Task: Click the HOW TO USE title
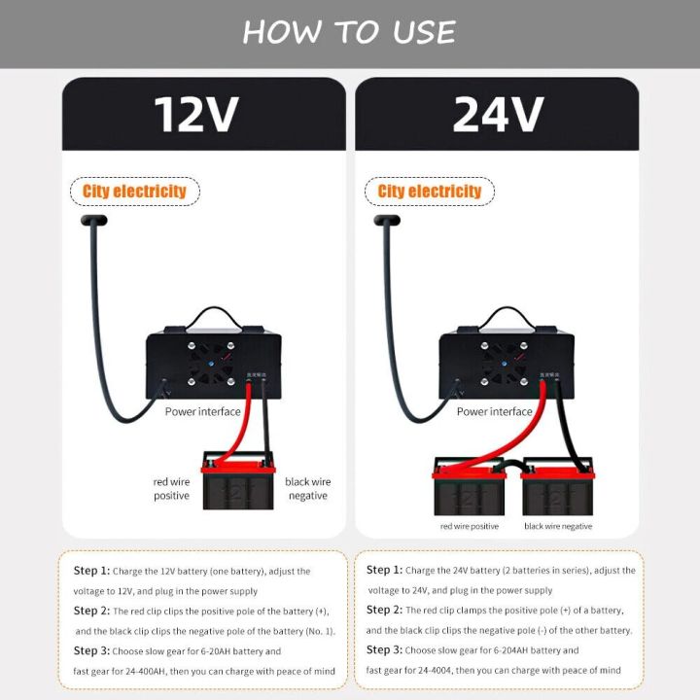tap(349, 32)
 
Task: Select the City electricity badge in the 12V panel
tap(134, 192)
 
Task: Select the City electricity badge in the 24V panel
tap(430, 192)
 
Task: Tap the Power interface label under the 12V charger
tap(202, 411)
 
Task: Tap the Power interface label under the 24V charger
tap(494, 411)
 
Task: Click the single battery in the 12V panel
tap(237, 482)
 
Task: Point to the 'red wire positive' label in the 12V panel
tap(171, 488)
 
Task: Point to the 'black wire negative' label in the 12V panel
tap(307, 488)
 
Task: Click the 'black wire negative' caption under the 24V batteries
tap(558, 526)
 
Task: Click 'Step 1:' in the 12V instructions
tap(91, 572)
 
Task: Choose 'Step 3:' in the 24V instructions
tap(384, 649)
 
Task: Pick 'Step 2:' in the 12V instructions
tap(91, 611)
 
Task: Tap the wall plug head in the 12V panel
tap(92, 223)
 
